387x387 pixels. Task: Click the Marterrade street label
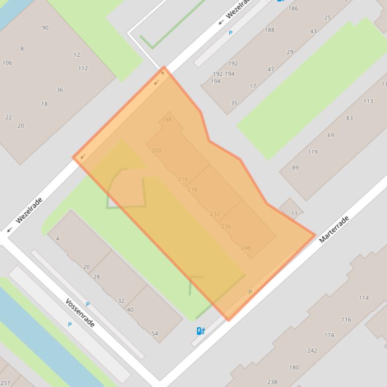click(x=334, y=230)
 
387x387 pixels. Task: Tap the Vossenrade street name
click(x=80, y=313)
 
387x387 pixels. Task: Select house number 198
click(x=167, y=120)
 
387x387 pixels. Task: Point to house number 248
click(x=246, y=248)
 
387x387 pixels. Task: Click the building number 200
click(x=157, y=150)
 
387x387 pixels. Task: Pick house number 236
click(x=226, y=227)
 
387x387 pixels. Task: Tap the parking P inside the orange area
click(x=250, y=292)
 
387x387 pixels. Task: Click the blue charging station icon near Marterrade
click(x=200, y=331)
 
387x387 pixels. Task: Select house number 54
click(x=154, y=333)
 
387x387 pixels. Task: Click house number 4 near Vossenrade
click(x=57, y=238)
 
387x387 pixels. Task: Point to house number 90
click(x=45, y=28)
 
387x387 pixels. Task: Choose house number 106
click(x=7, y=63)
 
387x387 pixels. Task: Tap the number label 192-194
click(x=223, y=74)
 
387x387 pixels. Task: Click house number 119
click(x=313, y=152)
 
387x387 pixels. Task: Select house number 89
click(x=295, y=168)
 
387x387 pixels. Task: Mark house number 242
click(x=312, y=351)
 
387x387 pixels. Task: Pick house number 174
click(x=329, y=335)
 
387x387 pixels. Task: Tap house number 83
click(x=349, y=118)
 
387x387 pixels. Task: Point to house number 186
click(x=293, y=8)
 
